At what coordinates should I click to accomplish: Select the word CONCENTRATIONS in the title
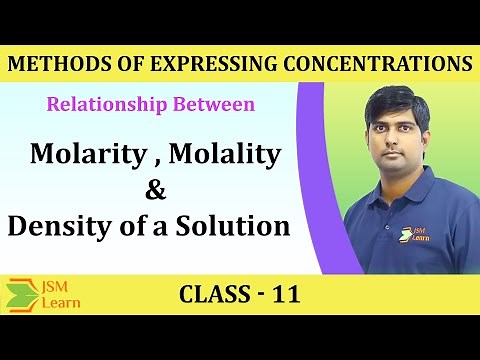pyautogui.click(x=369, y=64)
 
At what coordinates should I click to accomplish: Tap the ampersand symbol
pyautogui.click(x=153, y=191)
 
